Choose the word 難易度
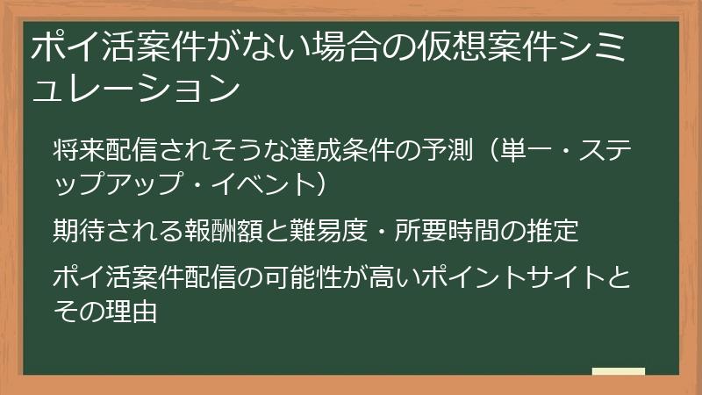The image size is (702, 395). pos(330,231)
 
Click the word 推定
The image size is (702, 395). pos(555,231)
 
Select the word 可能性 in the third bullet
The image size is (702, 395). pos(322,278)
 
